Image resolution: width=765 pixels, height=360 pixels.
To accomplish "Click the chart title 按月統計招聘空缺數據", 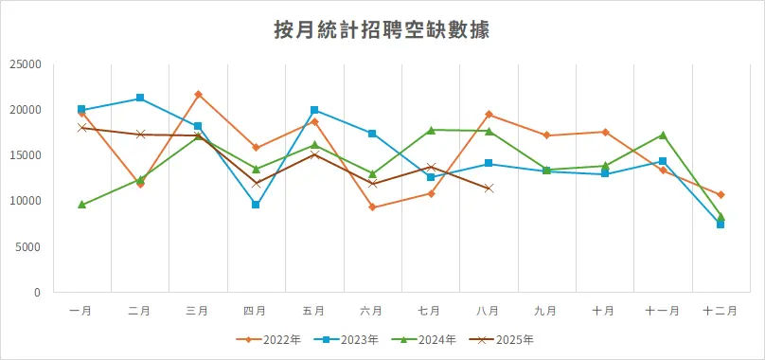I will click(x=382, y=30).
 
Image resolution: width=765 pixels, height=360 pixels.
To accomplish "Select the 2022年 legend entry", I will click(x=275, y=339).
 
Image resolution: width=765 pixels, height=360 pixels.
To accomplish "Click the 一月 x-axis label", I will click(x=81, y=311).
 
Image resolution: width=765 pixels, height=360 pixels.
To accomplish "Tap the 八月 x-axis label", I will click(x=489, y=311).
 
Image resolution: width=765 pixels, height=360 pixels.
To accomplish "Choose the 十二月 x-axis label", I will click(x=721, y=311).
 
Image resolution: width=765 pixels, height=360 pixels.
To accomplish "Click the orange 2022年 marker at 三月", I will click(x=198, y=95).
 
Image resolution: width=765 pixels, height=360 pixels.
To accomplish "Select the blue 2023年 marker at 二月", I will click(x=140, y=98).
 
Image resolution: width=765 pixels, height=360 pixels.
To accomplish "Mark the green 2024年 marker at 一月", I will click(x=82, y=205).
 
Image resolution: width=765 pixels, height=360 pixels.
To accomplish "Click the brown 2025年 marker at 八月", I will click(x=489, y=189).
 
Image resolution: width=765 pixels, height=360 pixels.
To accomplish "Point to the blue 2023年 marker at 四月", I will click(x=256, y=205).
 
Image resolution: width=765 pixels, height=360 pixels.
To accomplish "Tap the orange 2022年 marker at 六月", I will click(x=372, y=207).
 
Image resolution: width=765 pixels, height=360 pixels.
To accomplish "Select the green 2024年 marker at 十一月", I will click(x=663, y=135).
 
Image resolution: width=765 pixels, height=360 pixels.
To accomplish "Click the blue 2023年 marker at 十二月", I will click(x=721, y=225).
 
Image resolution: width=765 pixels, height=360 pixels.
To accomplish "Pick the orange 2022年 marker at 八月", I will click(x=489, y=115).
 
